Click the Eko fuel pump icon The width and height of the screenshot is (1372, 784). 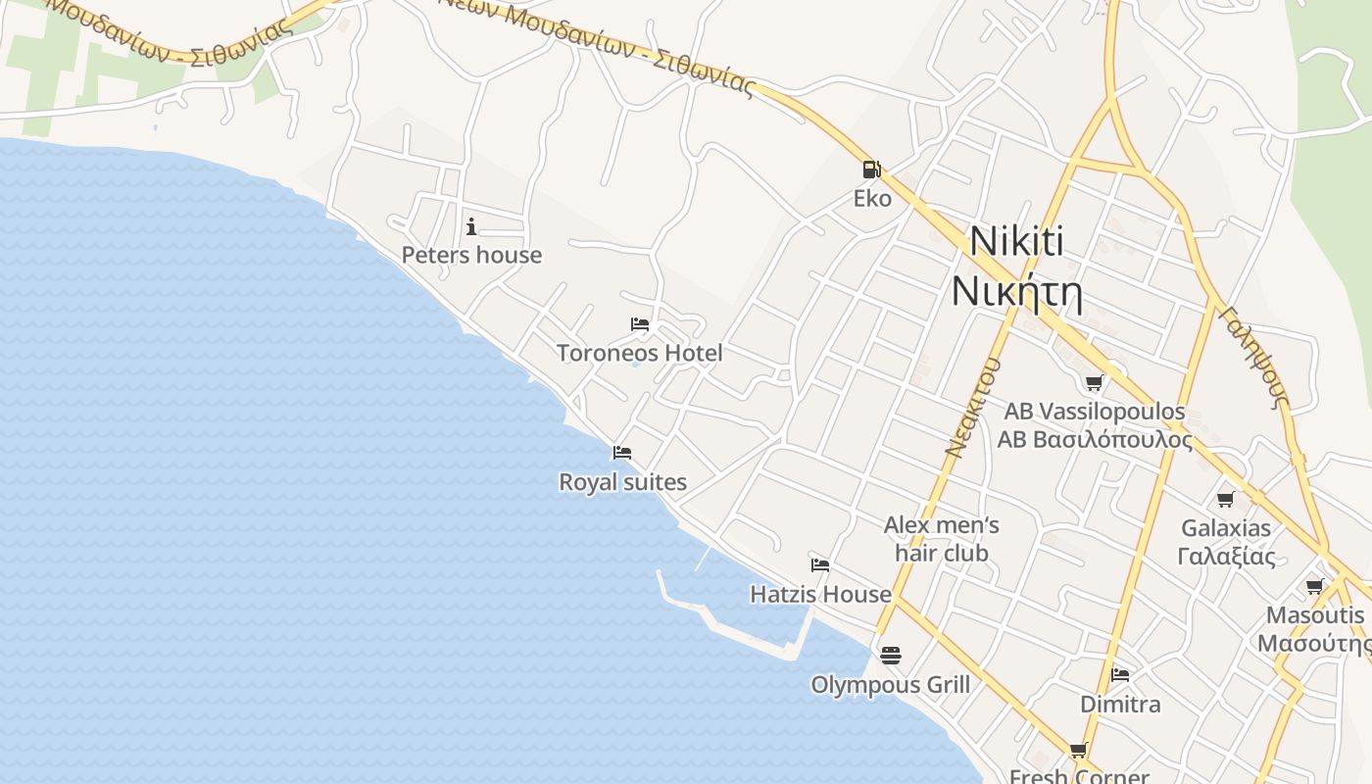(871, 170)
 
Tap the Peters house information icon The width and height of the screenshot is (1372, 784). (471, 227)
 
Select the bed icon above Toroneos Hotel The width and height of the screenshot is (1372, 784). (640, 324)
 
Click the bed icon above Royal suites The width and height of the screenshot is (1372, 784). (622, 453)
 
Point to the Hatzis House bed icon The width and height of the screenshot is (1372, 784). (820, 565)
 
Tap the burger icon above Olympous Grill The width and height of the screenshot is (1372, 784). (890, 655)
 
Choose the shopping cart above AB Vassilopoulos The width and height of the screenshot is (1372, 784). (1094, 382)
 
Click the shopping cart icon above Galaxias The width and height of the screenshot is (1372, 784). (1225, 500)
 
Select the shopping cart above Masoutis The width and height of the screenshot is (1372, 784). (1315, 587)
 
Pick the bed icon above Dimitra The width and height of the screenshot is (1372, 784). (1120, 675)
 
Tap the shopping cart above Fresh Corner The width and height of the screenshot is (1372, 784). (1079, 751)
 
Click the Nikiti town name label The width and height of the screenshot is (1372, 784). (1017, 242)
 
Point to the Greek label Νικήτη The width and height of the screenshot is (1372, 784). (1017, 292)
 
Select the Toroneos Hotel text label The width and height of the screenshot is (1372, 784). (640, 353)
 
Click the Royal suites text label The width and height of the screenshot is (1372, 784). (622, 482)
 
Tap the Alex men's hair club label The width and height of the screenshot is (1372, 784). (942, 539)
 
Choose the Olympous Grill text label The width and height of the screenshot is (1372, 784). (890, 684)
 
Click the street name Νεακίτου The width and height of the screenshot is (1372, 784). (973, 407)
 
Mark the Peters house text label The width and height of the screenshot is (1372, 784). (471, 255)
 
